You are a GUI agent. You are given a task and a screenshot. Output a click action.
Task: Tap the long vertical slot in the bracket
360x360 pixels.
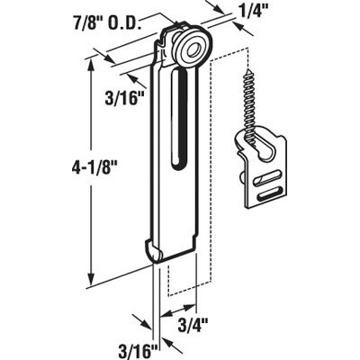tap(181, 126)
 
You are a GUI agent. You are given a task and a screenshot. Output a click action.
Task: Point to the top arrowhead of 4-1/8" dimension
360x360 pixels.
tap(91, 62)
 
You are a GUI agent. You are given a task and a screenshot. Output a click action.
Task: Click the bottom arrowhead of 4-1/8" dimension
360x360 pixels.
tap(91, 280)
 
